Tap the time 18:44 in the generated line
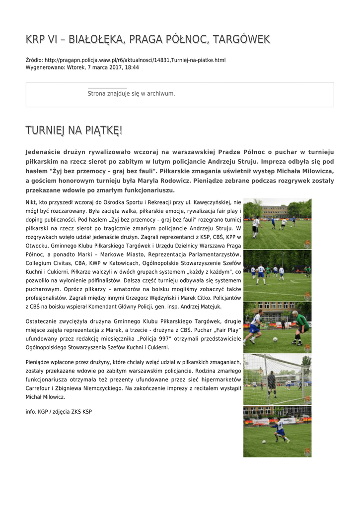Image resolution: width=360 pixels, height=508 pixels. click(x=132, y=67)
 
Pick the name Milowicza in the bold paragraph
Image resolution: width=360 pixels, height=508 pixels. click(x=312, y=171)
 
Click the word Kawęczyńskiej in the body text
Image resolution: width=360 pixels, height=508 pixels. click(x=211, y=202)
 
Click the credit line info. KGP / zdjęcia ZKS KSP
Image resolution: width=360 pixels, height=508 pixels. click(x=59, y=412)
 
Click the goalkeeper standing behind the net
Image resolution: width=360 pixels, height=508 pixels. click(x=272, y=382)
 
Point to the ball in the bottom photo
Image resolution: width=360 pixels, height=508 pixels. click(x=264, y=441)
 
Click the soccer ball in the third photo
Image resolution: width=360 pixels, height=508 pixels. click(x=275, y=339)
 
